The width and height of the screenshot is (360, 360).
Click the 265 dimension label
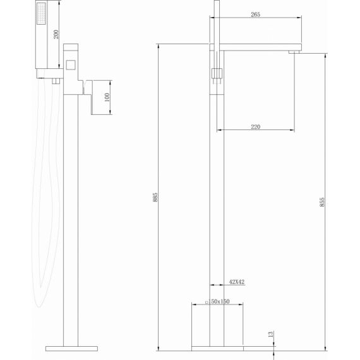(x=255, y=15)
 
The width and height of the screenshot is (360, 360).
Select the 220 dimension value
(x=255, y=126)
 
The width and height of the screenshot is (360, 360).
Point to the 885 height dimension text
(x=155, y=197)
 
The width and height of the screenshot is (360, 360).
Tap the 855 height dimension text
(x=322, y=202)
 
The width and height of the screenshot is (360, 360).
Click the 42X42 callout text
(x=237, y=282)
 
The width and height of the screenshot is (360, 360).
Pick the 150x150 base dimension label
(x=218, y=301)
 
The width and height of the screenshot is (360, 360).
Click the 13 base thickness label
(x=271, y=334)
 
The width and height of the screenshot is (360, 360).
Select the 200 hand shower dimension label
(x=56, y=35)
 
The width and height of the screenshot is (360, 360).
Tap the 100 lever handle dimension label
(x=107, y=97)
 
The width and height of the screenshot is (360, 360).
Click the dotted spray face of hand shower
(x=41, y=13)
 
